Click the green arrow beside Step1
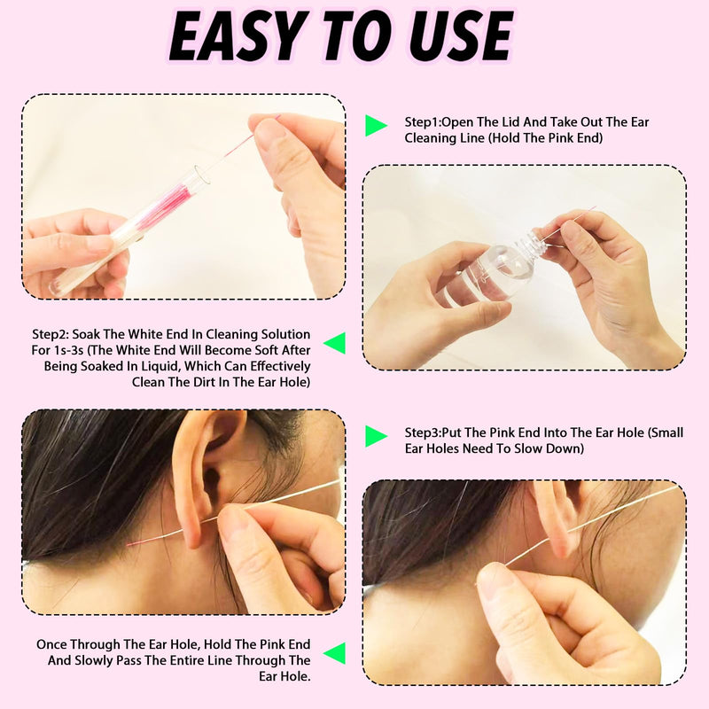[376, 126]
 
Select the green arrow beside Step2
[334, 343]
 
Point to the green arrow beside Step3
[376, 436]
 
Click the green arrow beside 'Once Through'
[334, 654]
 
